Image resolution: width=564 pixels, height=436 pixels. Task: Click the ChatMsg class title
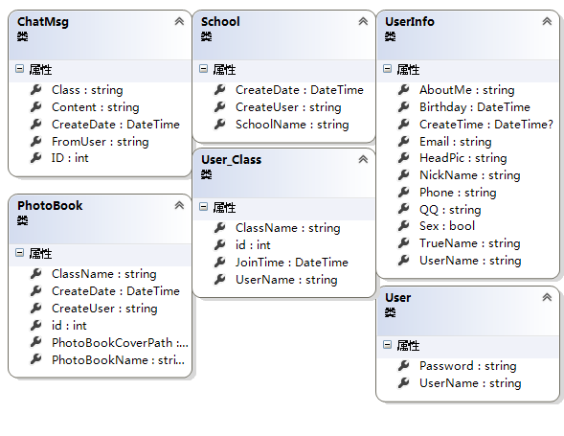43,22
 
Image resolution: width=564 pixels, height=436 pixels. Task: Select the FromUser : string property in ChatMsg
100,142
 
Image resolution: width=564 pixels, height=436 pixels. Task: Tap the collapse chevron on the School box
363,22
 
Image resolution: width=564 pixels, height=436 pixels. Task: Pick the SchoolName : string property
292,125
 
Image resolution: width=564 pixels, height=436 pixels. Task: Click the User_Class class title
232,159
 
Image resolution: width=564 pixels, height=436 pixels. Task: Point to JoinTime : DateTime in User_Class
292,263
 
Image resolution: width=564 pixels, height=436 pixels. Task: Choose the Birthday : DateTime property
475,107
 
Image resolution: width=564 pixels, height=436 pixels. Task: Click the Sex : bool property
447,226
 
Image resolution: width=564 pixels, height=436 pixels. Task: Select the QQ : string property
450,210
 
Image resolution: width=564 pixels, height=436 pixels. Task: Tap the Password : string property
468,366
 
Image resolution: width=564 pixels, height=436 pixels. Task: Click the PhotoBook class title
50,206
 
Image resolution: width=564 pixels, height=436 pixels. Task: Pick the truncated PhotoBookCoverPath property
120,343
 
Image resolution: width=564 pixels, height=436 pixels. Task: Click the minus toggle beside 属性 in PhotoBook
20,253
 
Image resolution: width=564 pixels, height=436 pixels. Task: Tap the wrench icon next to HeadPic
403,158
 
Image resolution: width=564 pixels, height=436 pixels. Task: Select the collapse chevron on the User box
547,297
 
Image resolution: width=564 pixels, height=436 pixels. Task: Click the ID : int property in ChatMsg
70,158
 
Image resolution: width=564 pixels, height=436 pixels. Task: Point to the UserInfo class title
410,22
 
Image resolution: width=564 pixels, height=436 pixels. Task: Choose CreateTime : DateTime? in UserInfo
486,125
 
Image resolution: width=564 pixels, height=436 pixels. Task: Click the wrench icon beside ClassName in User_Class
220,227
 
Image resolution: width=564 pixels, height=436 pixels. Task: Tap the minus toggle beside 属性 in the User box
388,345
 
